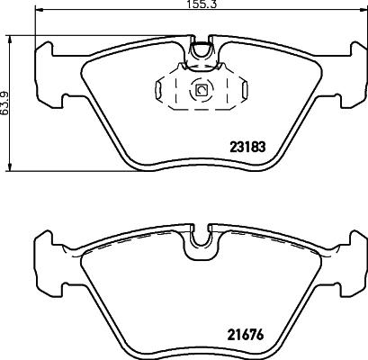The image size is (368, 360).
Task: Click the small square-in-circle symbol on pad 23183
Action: click(201, 90)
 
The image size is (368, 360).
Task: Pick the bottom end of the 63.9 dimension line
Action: click(10, 169)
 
